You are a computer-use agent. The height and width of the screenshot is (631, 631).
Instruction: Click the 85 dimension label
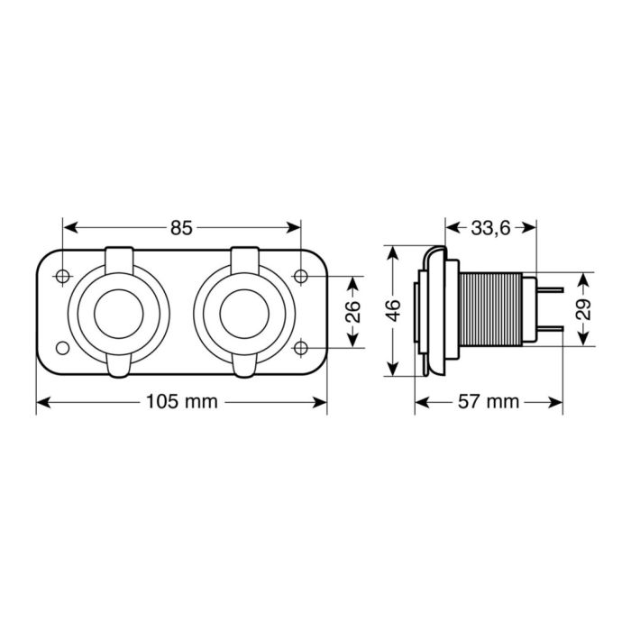point(181,228)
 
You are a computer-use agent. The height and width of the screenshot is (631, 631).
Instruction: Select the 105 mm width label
point(183,402)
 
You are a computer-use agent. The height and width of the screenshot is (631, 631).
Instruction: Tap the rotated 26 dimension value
point(353,311)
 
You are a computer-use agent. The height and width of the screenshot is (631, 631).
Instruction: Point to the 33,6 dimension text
point(490,228)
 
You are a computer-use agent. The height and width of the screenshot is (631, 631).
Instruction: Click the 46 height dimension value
point(393,311)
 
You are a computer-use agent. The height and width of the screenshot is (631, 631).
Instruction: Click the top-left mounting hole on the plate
point(62,276)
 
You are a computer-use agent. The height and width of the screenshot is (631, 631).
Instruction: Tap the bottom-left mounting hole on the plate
point(62,348)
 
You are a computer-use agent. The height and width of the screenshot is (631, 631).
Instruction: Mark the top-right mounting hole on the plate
point(301,276)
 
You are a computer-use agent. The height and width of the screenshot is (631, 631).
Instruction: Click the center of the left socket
point(119,312)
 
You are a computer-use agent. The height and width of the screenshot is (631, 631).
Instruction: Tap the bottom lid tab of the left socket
point(119,366)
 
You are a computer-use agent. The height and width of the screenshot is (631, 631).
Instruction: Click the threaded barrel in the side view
point(491,311)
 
